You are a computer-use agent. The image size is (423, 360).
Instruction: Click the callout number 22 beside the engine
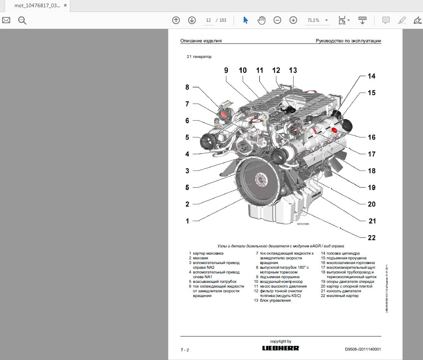coord(372,238)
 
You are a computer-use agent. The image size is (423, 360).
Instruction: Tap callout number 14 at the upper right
coord(372,76)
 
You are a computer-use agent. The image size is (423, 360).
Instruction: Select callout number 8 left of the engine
coord(187,87)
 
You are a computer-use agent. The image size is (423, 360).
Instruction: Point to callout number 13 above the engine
coord(293,70)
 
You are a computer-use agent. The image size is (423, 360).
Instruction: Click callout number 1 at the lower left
coord(187,221)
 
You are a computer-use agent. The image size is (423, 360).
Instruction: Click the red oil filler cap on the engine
coord(334,130)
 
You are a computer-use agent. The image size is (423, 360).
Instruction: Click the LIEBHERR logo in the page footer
coord(281,348)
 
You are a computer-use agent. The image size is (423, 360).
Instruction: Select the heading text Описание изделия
coord(201,41)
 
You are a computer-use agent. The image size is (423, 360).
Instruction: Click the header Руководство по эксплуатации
coord(348,41)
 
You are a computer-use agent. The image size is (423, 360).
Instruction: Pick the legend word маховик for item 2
coord(201,258)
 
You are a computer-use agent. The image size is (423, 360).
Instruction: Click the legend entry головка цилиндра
coord(343,253)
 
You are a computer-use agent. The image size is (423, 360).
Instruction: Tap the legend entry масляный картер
coord(342,296)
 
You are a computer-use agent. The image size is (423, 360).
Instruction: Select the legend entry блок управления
coord(275,300)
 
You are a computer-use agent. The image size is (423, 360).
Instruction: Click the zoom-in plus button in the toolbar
coord(293,20)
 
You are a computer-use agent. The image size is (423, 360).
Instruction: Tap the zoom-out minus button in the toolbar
coord(277,20)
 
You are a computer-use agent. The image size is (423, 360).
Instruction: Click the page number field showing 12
coord(209,20)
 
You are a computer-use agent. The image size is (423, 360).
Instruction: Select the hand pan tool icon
coord(261,20)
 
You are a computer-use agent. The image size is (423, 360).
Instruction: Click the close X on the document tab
coord(65,6)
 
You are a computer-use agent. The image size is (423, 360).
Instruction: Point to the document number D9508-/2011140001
coord(363,349)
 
